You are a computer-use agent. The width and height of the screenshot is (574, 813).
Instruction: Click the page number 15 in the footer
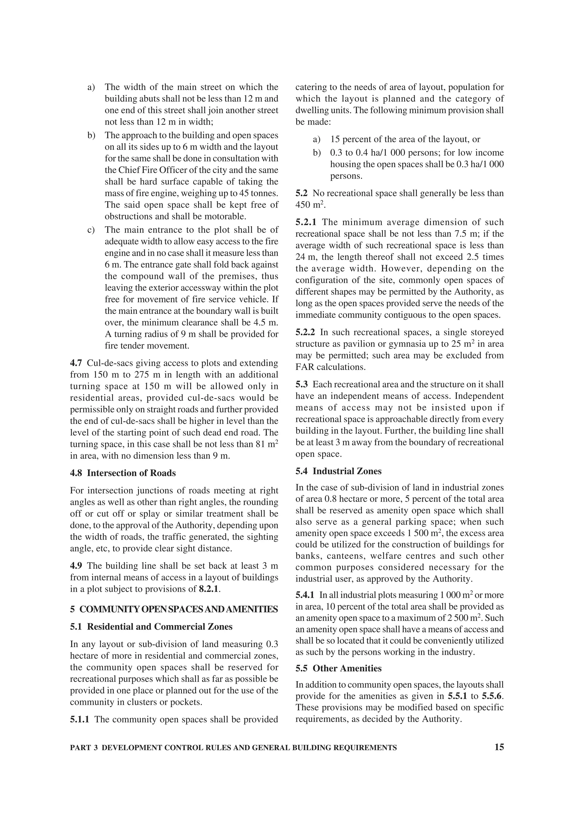499,747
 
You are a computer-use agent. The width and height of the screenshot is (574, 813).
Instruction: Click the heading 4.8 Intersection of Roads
123,473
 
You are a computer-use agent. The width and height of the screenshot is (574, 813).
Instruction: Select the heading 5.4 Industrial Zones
339,471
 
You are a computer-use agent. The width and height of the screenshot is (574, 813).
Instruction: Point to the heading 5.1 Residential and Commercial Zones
151,626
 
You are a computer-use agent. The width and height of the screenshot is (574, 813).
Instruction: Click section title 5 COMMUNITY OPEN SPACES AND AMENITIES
174,609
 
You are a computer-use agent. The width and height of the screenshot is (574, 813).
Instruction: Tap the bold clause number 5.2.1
306,222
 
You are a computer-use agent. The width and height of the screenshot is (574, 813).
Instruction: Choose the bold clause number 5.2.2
306,332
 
